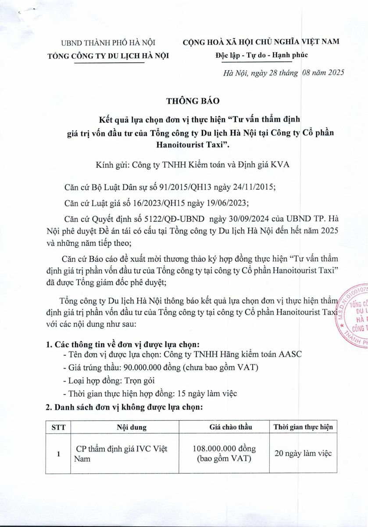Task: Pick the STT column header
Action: (x=58, y=427)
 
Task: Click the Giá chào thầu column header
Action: (x=225, y=427)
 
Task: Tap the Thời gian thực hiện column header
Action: (x=303, y=427)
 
